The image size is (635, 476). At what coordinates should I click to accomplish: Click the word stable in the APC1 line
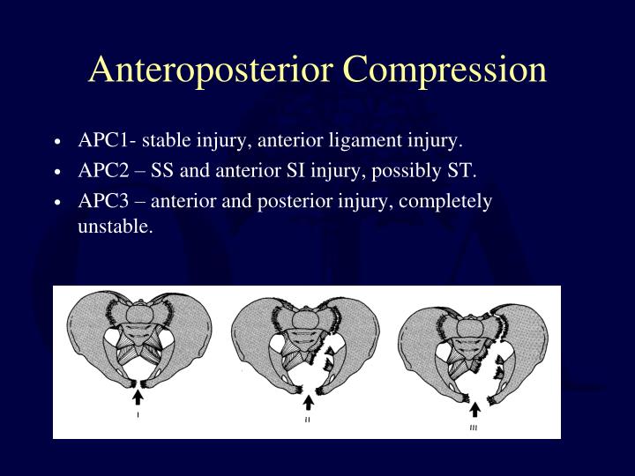(x=161, y=140)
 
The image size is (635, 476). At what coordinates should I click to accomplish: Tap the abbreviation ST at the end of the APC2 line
(x=463, y=170)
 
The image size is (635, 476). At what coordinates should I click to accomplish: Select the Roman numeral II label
(x=308, y=420)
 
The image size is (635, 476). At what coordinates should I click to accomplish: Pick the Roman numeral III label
(x=474, y=428)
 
